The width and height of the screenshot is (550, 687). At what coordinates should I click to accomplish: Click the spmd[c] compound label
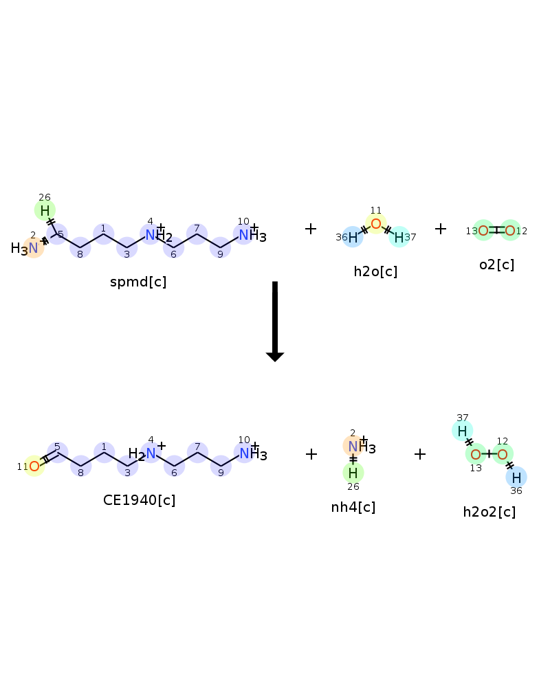coord(138,282)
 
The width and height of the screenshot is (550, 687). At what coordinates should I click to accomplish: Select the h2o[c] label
coord(375,271)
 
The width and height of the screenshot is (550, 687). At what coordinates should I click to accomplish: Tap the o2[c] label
coord(496,264)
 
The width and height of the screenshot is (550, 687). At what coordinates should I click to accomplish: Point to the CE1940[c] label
coord(139,500)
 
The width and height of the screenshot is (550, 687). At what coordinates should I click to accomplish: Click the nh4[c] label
coord(353,507)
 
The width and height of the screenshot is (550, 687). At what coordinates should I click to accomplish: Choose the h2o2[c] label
coord(489,512)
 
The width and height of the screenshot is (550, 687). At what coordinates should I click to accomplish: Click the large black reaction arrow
coord(275,321)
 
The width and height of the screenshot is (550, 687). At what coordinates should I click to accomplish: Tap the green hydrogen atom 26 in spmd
coord(45,211)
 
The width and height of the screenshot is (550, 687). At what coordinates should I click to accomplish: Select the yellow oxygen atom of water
coord(376,224)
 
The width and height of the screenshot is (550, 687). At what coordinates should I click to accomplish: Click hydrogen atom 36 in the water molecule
coord(353,238)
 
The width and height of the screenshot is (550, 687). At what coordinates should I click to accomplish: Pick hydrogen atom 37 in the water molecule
coord(399,238)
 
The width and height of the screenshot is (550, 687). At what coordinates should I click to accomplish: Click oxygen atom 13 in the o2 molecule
coord(483,230)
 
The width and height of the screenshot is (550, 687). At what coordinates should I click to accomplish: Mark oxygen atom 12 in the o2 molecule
coord(510,230)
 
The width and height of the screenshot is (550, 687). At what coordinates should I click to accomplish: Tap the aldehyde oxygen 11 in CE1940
coord(34,466)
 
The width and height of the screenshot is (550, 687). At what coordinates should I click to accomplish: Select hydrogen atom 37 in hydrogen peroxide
coord(462,431)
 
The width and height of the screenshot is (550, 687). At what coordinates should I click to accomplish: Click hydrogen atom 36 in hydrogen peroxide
coord(516,477)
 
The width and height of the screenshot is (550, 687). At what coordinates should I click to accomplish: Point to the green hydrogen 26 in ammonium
coord(353,473)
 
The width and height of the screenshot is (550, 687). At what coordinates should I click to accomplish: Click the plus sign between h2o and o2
coord(441,229)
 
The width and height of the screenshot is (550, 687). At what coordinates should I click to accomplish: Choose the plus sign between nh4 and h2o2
coord(420,454)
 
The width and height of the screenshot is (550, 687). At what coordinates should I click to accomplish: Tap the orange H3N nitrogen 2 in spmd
coord(34,248)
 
